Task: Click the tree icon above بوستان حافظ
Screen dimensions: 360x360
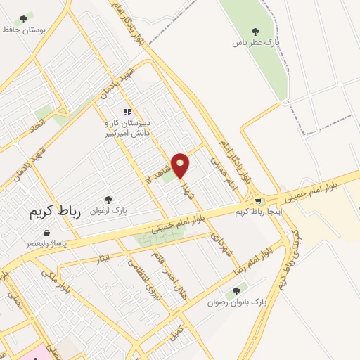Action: point(24,18)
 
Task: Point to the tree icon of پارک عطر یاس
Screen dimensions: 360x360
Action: point(255,31)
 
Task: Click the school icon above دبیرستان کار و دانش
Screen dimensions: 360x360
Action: point(127,111)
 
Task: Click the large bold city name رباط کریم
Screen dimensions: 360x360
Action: point(56,210)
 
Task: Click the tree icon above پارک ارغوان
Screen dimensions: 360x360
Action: point(108,200)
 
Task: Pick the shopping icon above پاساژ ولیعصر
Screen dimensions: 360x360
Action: point(46,233)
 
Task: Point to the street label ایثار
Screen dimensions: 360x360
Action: point(104,259)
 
